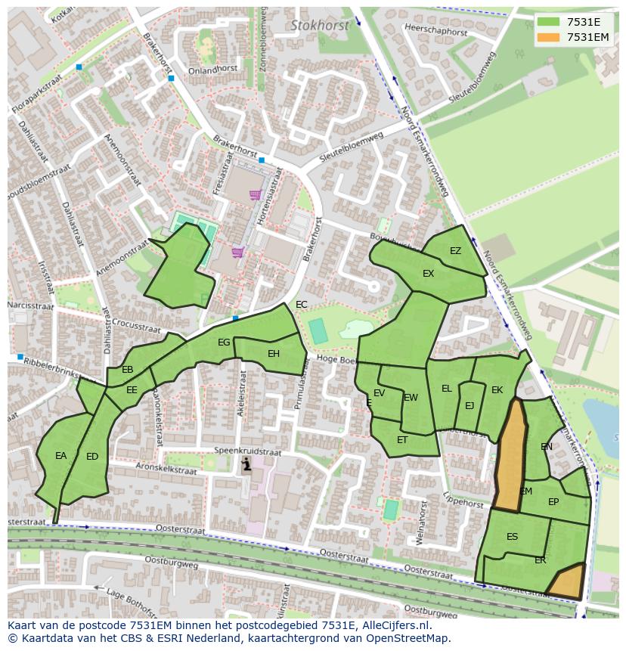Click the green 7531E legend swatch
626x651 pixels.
tap(549, 22)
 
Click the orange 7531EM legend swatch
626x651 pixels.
tap(549, 37)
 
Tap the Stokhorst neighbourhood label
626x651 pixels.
tap(320, 25)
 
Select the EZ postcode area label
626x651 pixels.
tap(455, 251)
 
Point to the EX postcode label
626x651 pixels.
tap(428, 274)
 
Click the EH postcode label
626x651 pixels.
tap(274, 353)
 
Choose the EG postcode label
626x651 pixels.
tap(224, 343)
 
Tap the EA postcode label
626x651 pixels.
tap(61, 456)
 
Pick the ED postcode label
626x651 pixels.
tap(92, 457)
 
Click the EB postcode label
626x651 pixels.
tap(128, 370)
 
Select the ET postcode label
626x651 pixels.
tap(402, 440)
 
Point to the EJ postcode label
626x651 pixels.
tap(469, 406)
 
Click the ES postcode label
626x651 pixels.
tap(513, 537)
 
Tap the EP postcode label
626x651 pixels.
tap(553, 502)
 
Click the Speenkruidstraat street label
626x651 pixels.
tap(246, 451)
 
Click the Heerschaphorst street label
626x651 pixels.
tap(436, 31)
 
